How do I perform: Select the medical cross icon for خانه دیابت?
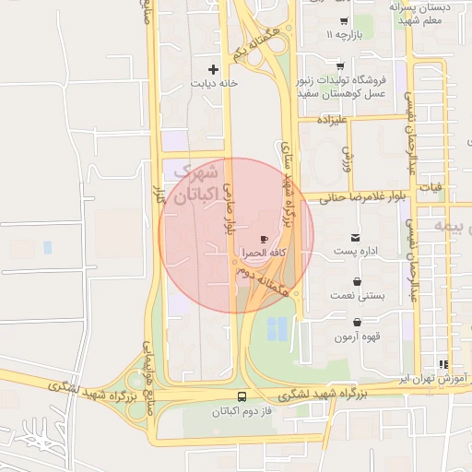(214, 69)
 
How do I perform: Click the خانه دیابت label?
(214, 83)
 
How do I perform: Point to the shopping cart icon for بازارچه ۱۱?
(343, 21)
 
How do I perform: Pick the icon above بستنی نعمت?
(358, 280)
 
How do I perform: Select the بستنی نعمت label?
(357, 295)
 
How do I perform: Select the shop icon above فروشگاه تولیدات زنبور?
(340, 65)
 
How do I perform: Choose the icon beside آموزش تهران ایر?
(443, 365)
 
